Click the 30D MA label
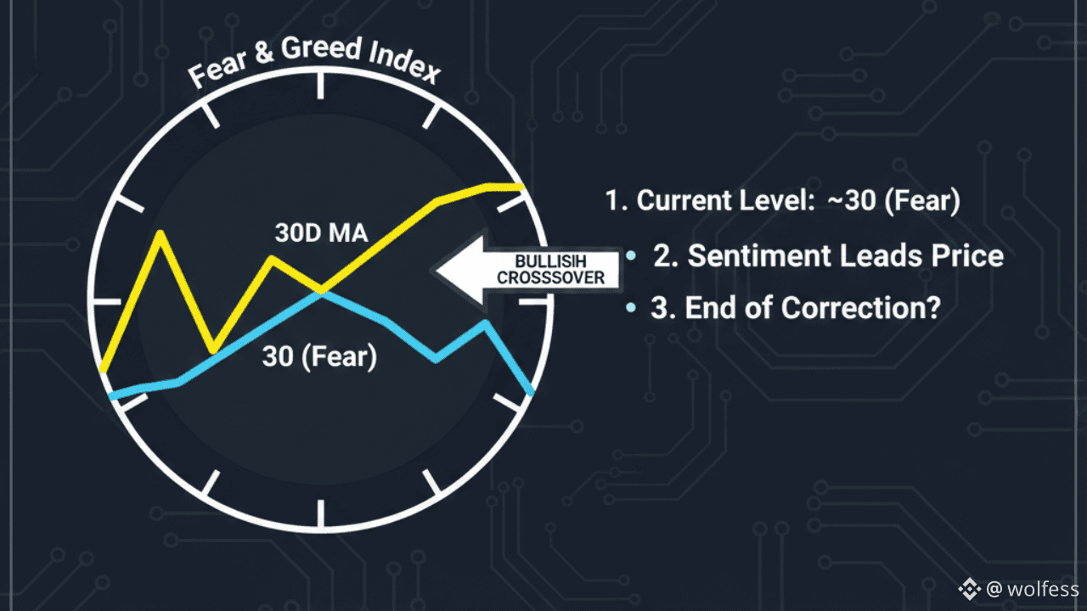tap(321, 233)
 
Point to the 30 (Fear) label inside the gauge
tap(319, 357)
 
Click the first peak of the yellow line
tap(159, 233)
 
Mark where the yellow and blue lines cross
tap(321, 291)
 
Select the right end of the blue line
tap(532, 392)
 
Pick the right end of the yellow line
tap(521, 186)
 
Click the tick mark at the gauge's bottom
tap(321, 514)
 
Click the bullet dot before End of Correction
tap(630, 308)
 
